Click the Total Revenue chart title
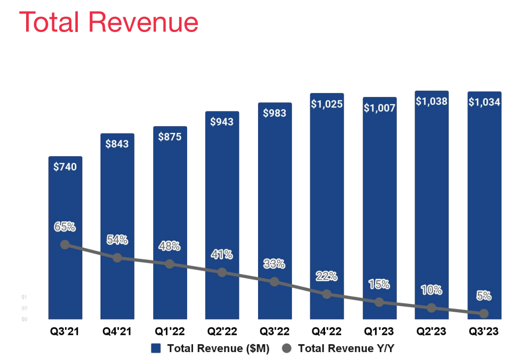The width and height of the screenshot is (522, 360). [x=108, y=23]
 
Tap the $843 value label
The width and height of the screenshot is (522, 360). [x=117, y=143]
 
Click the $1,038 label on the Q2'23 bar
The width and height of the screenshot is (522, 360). [x=431, y=101]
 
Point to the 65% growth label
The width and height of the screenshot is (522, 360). [x=65, y=227]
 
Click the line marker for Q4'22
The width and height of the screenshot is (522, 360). [x=326, y=294]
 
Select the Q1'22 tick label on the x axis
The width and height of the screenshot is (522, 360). [x=169, y=332]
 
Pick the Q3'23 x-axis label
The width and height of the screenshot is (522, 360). [x=484, y=332]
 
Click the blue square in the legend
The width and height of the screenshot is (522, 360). [x=156, y=349]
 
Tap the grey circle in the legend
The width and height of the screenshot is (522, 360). [x=287, y=349]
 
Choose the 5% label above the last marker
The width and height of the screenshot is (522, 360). [x=484, y=296]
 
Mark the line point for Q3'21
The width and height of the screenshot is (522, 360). [x=65, y=245]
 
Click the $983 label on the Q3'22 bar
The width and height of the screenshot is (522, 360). [x=274, y=113]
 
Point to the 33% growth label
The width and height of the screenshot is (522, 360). [x=274, y=264]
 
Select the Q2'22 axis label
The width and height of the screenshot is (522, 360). [x=222, y=332]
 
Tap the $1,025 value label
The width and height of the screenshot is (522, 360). [x=326, y=104]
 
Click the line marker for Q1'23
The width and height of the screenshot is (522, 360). [x=379, y=302]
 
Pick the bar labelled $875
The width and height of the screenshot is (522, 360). [x=169, y=222]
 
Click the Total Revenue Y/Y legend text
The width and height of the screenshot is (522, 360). [x=346, y=349]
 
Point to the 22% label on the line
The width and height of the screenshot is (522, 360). [x=326, y=276]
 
